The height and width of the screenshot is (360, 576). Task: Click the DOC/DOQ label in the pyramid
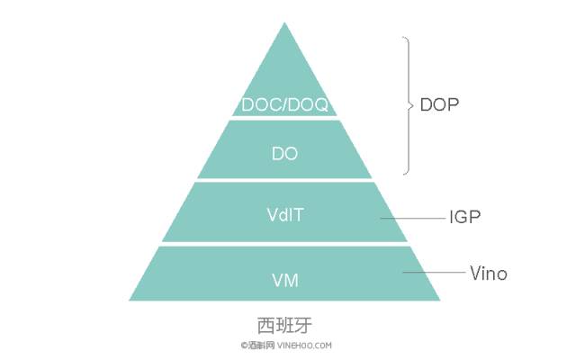point(284,104)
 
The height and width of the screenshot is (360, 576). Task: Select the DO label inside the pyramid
point(284,154)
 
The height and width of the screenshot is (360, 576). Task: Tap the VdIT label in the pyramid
point(285,214)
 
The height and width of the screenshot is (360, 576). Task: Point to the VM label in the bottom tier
point(285,280)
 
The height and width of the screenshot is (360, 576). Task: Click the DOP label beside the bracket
point(439,104)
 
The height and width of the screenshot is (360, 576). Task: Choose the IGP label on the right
point(464,217)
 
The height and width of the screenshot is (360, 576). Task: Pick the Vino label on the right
point(489,274)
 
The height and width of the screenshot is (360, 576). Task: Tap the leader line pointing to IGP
point(412,218)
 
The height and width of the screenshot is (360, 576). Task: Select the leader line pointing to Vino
point(434,272)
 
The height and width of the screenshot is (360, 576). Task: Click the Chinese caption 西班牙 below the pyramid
point(284,325)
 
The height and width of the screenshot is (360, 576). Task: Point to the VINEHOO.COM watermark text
point(304,346)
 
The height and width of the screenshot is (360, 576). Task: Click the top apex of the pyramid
point(284,22)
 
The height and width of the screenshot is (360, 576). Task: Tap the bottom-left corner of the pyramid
point(130,300)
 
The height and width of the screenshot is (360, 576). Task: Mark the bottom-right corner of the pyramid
point(440,300)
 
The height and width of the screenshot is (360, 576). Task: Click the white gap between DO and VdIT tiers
point(284,180)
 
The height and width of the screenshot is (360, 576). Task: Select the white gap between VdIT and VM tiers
point(284,244)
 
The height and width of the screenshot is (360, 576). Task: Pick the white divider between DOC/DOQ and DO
point(284,118)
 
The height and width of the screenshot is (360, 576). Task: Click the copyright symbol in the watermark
point(244,346)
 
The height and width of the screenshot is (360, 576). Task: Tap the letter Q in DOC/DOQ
point(320,105)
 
